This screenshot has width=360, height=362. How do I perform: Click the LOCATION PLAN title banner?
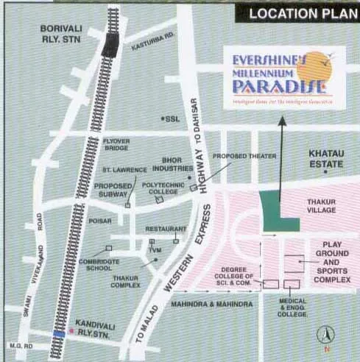tap(298, 13)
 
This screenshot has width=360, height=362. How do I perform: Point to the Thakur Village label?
tap(320, 204)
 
